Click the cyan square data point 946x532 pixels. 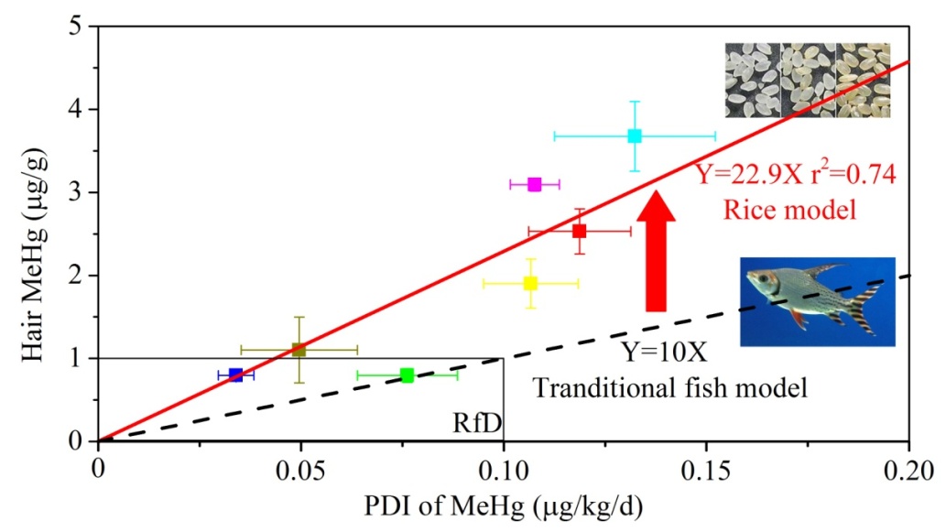tap(635, 136)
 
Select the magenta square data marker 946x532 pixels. tap(535, 184)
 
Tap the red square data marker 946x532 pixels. tap(580, 231)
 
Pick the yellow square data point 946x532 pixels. tap(530, 283)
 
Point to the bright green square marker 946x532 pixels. tap(408, 375)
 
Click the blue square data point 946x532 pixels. tap(236, 375)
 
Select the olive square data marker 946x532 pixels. tap(299, 349)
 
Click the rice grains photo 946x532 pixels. tap(807, 81)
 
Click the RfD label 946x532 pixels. tap(473, 423)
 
